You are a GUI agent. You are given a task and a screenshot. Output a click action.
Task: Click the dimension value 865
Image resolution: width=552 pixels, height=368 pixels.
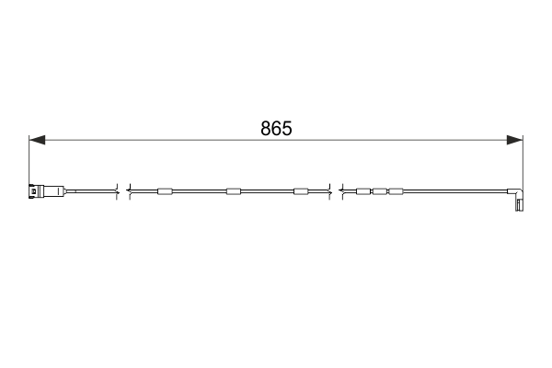[276, 129]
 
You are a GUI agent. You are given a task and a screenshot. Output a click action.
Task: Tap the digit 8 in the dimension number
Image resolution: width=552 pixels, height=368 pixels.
[266, 129]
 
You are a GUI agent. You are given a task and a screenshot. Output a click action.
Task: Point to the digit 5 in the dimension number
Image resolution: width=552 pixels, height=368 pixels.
[286, 129]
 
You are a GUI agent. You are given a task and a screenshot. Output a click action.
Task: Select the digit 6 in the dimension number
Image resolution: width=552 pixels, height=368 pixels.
[276, 129]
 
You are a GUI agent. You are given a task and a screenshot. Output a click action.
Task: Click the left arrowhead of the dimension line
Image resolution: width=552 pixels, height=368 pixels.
[37, 141]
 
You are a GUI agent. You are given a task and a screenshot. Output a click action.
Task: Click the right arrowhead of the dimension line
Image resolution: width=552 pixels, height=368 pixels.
[514, 141]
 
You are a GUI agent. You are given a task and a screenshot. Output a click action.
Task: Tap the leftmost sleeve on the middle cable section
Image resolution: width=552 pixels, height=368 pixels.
[165, 191]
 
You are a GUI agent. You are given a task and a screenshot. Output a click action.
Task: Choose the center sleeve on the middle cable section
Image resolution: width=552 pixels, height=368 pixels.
[233, 191]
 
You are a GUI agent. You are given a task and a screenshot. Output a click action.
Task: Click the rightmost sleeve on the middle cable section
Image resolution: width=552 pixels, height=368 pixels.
[300, 191]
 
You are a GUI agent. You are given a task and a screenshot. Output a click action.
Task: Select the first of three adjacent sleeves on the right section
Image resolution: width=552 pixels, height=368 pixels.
[362, 191]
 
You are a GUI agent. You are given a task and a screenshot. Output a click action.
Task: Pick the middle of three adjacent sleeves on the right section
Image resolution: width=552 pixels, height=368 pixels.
[379, 191]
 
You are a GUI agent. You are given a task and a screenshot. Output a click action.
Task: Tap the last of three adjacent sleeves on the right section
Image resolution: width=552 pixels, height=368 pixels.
[396, 191]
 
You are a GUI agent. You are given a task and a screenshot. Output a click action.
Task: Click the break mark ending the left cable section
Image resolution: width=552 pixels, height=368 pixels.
[117, 191]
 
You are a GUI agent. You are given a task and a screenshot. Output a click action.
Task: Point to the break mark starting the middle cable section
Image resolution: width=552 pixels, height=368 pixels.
[129, 191]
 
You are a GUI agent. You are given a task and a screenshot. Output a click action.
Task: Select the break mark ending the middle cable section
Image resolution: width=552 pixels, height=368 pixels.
[328, 191]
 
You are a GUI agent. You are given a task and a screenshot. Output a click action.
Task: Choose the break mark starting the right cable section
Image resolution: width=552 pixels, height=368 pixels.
[341, 191]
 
